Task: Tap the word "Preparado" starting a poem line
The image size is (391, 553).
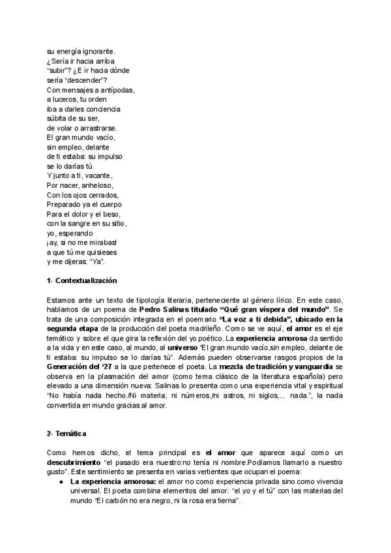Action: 64,205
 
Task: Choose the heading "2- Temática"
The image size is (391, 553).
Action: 68,434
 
